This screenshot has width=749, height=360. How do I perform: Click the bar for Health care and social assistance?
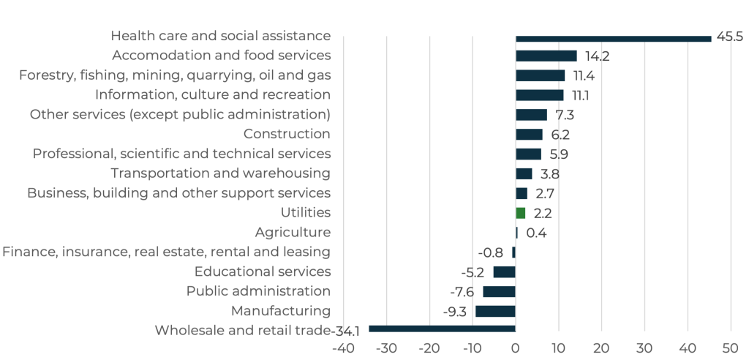613,38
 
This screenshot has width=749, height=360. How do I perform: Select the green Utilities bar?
521,213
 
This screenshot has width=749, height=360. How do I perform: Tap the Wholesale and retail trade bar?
442,330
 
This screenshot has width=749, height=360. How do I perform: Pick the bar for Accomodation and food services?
546,56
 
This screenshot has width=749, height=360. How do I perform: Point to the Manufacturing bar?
495,311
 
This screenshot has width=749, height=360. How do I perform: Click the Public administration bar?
499,291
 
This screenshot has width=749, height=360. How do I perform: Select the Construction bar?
529,134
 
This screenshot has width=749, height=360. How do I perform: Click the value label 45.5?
729,37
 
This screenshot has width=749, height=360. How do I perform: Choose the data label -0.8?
490,252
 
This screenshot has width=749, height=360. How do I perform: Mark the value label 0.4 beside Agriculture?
536,233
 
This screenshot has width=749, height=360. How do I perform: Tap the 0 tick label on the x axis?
516,347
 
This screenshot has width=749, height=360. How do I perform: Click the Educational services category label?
263,271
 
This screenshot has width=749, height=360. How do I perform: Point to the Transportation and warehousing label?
220,173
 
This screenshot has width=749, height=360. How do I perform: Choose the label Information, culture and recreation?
213,94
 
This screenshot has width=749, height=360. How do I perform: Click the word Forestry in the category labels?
43,75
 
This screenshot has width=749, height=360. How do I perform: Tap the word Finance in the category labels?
26,252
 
